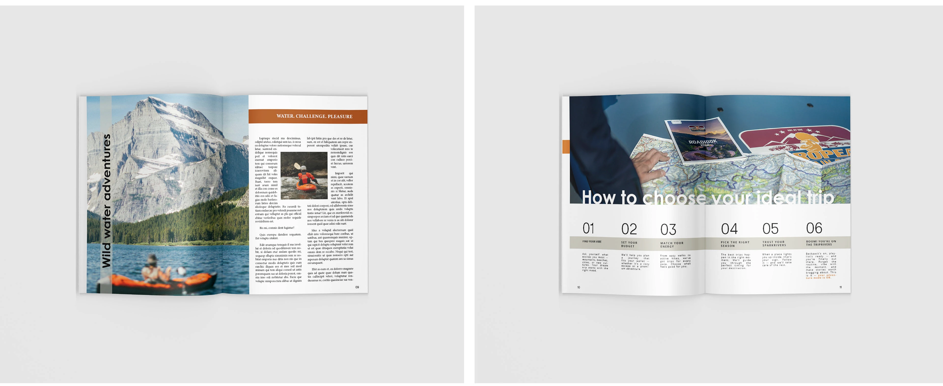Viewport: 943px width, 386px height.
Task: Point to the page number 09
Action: [x=357, y=287]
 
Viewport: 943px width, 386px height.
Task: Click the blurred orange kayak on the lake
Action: [x=161, y=280]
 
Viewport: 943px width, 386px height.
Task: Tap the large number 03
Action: [x=668, y=230]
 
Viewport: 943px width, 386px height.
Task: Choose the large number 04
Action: [x=729, y=229]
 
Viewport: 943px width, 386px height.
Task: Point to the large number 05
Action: [x=770, y=229]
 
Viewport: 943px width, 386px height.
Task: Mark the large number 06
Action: [x=814, y=228]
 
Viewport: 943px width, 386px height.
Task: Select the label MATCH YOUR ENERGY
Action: [x=671, y=245]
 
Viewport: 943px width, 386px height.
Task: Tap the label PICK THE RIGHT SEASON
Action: [x=735, y=244]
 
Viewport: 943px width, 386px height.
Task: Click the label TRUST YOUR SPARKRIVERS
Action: [x=774, y=244]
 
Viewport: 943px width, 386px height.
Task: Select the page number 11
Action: [x=841, y=287]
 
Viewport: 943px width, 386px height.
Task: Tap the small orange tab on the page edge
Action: [x=566, y=146]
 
